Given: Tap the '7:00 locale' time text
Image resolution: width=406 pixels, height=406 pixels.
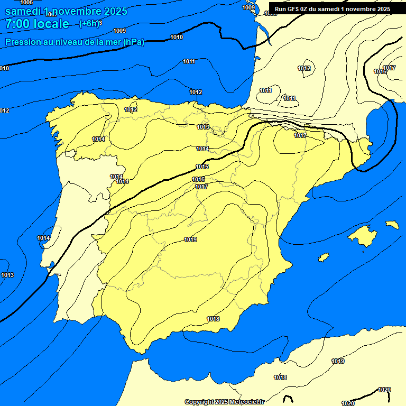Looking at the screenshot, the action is click(x=37, y=24).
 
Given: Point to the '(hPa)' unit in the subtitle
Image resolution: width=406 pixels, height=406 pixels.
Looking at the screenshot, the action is click(x=134, y=42).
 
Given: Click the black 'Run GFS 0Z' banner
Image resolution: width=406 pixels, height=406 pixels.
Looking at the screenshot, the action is click(x=333, y=8).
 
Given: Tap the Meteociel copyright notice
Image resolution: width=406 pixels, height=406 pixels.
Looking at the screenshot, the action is click(x=224, y=402).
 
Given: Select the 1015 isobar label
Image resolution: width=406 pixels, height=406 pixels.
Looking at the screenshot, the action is click(x=202, y=167).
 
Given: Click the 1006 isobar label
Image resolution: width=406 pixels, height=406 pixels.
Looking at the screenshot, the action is click(x=26, y=3).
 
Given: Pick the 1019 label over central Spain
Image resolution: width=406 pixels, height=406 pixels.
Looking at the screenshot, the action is click(x=190, y=239).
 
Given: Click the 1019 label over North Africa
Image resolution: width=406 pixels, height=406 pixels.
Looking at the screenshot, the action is click(x=338, y=361).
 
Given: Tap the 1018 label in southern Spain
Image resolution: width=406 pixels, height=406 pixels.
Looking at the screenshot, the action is click(x=213, y=319).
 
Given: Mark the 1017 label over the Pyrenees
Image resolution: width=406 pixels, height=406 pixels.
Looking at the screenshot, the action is click(x=300, y=135).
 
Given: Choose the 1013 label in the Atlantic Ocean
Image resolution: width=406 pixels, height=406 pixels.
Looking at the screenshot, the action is click(x=7, y=275).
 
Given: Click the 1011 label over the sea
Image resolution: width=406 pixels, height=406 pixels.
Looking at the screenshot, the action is click(x=189, y=61).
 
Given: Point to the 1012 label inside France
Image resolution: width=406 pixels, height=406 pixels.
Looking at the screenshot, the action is click(x=304, y=68).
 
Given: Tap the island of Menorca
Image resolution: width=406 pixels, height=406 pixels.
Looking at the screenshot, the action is click(x=392, y=225).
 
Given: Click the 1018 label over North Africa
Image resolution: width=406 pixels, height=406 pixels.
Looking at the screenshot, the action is click(x=280, y=377).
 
